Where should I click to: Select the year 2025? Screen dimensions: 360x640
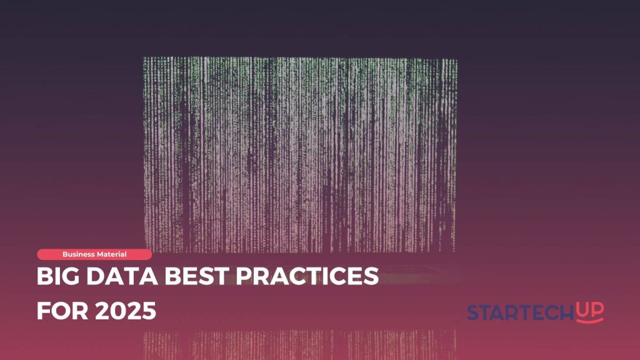click(126, 311)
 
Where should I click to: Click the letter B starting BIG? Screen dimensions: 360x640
click(44, 276)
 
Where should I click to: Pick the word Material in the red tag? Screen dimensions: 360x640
click(111, 254)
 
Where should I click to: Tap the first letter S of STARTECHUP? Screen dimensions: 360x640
click(473, 312)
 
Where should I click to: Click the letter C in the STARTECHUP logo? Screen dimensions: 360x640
click(550, 312)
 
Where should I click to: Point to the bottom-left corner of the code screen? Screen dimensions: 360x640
click(146, 250)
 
